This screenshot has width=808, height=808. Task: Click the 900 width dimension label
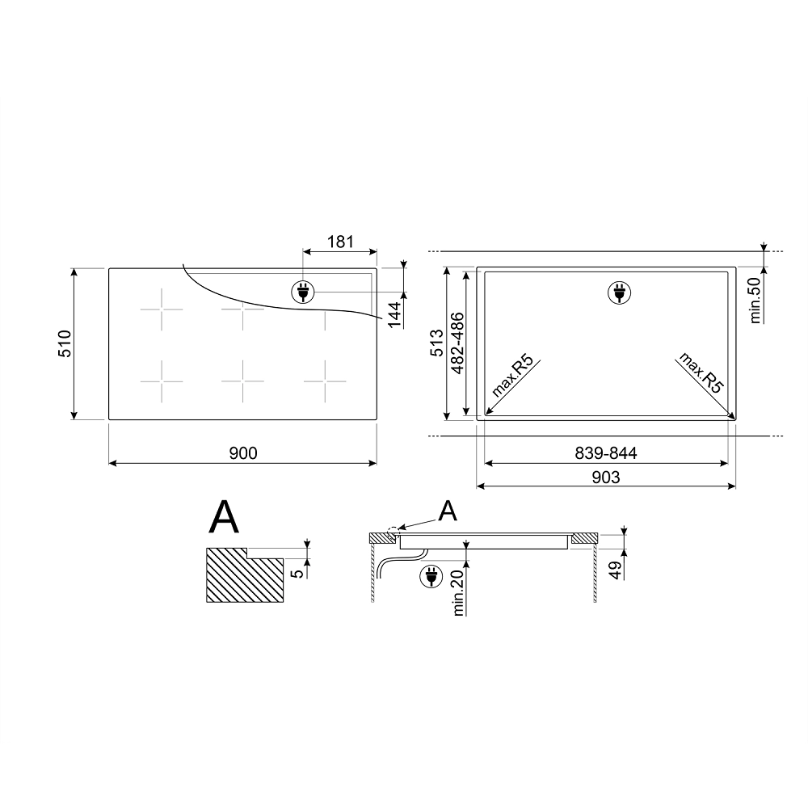point(242,453)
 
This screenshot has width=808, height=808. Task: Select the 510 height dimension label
point(65,343)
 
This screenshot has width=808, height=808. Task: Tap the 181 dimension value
point(340,241)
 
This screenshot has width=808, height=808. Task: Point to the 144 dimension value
point(394,314)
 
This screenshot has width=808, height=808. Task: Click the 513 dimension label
point(437,343)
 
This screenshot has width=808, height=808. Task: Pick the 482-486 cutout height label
point(457,343)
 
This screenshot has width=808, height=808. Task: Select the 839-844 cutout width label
point(606,453)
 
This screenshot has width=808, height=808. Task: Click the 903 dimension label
point(606,478)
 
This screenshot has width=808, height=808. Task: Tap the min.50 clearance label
point(755,301)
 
